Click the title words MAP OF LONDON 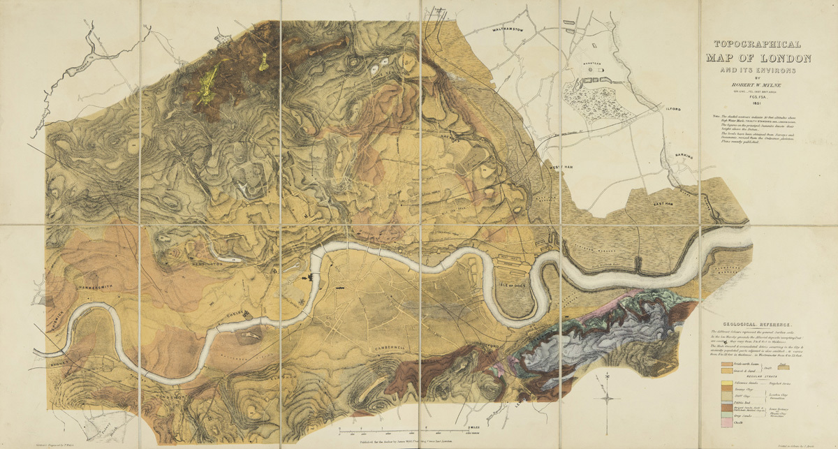click(758, 58)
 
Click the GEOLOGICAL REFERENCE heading click(759, 325)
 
